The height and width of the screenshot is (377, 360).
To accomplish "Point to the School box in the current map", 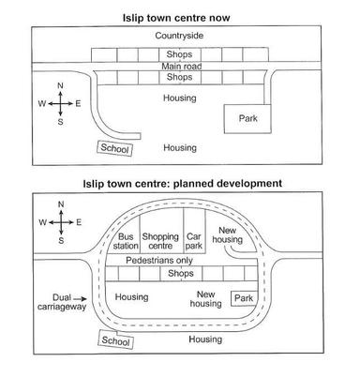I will tap(115, 147).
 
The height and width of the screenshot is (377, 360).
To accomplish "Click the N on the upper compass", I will tap(60, 86).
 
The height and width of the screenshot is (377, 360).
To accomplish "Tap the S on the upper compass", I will tap(60, 122).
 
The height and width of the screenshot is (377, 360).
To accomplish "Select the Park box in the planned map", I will tap(244, 298).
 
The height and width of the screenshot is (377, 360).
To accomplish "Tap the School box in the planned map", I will tap(114, 343).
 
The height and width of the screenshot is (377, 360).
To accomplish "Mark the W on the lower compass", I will tap(41, 222).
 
